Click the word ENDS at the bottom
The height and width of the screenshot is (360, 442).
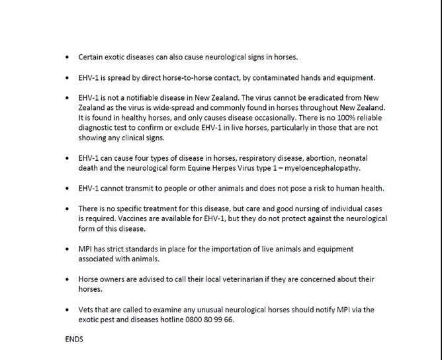[73, 339]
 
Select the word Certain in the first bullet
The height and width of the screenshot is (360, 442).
[91, 58]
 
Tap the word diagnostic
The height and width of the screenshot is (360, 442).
[98, 128]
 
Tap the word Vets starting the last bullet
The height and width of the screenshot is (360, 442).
[87, 309]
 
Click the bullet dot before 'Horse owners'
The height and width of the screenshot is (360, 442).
[68, 279]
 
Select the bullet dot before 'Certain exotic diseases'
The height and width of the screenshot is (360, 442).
[68, 58]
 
